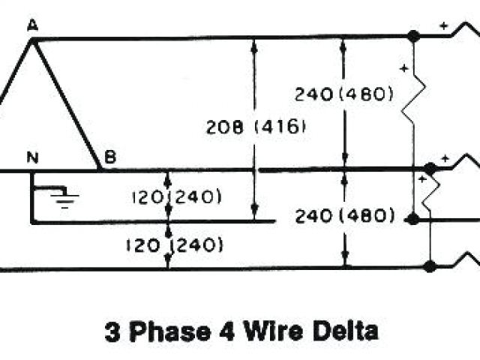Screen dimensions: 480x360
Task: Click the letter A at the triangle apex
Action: click(32, 25)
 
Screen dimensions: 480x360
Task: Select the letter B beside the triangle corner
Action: click(109, 157)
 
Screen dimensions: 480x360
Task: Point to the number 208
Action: click(223, 127)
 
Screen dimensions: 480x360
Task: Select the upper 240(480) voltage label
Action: click(343, 94)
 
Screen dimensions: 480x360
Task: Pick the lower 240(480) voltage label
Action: click(343, 217)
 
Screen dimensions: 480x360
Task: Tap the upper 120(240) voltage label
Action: click(175, 197)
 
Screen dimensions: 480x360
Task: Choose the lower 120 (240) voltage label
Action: click(175, 244)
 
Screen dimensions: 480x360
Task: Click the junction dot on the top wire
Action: click(412, 35)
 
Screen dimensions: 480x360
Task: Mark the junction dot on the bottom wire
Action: click(430, 266)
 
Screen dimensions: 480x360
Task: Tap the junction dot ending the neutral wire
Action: click(412, 219)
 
